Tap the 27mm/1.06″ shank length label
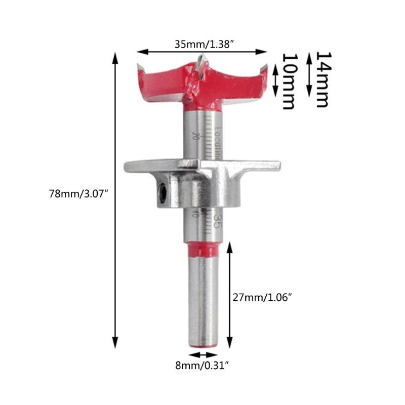click(263, 298)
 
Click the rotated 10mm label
click(288, 80)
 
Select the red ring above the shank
click(202, 250)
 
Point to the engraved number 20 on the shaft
click(194, 135)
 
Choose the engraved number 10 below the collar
click(194, 214)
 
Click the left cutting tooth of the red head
click(141, 67)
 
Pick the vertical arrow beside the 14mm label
click(308, 76)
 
